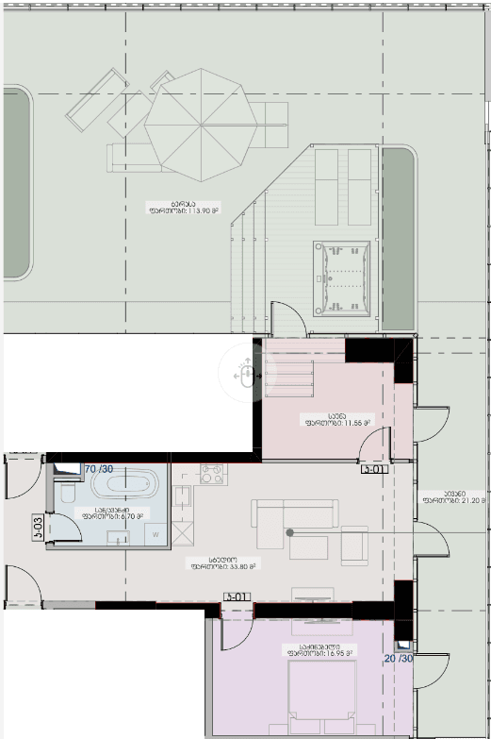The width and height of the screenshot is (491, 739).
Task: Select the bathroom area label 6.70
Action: pyautogui.click(x=111, y=515)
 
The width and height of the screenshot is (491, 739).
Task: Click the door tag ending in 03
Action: pyautogui.click(x=38, y=520)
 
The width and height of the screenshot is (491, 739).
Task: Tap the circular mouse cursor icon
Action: pyautogui.click(x=245, y=374)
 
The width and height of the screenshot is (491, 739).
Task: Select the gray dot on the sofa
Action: pyautogui.click(x=291, y=533)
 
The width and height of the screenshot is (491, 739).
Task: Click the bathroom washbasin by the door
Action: pyautogui.click(x=119, y=537)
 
